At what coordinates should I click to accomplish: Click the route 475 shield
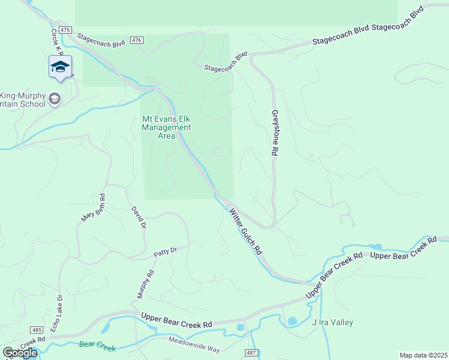65,29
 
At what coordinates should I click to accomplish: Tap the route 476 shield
137,40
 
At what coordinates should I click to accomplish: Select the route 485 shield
37,330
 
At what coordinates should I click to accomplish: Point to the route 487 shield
251,352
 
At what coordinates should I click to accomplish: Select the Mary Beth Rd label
94,208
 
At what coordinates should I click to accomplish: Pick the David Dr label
139,218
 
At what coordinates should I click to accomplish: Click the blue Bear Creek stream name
97,346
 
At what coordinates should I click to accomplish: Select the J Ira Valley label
333,322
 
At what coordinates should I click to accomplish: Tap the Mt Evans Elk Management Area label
166,127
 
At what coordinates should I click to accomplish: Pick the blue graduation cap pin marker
61,67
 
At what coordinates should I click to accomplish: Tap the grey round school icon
55,99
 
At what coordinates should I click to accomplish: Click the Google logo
19,353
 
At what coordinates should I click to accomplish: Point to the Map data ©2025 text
423,355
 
